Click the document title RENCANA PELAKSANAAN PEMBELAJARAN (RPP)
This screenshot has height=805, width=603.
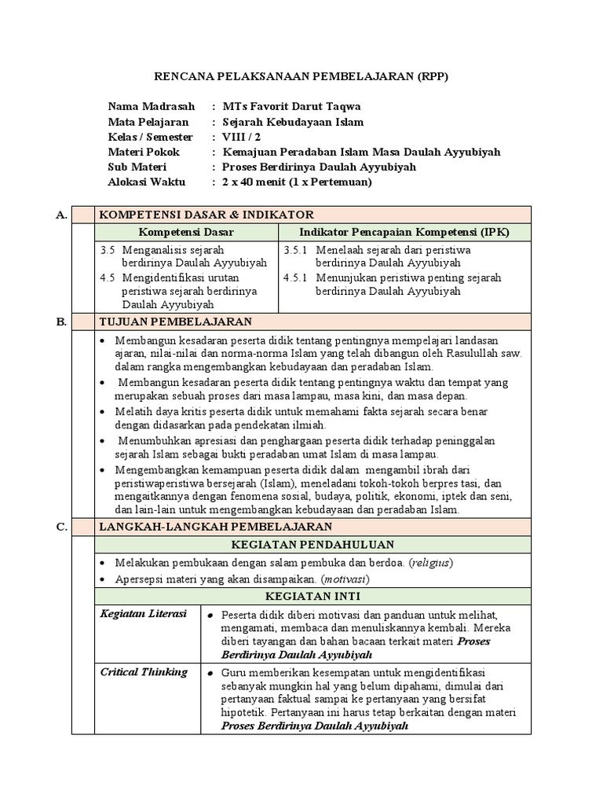tap(301, 77)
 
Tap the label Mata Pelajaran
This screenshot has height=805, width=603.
tap(148, 122)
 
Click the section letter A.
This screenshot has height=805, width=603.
tap(61, 214)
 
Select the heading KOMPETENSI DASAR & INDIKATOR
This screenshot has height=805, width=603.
tap(206, 214)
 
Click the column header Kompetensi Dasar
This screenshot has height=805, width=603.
tap(186, 232)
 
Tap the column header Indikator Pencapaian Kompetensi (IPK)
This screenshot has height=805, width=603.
tap(404, 232)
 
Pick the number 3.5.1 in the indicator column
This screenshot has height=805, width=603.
tap(298, 250)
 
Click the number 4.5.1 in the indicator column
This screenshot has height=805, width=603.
tap(298, 278)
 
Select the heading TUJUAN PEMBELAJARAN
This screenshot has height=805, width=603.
tap(175, 322)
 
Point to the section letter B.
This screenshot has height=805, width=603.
tap(61, 322)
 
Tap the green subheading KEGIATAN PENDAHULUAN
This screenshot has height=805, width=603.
tap(312, 545)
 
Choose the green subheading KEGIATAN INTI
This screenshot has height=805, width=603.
tap(312, 597)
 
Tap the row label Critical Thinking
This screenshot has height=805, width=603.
tap(144, 672)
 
